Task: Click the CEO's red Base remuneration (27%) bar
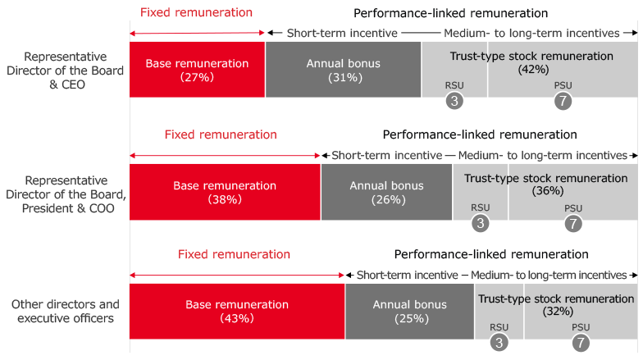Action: tap(197, 70)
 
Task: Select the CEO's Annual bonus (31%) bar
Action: tap(343, 70)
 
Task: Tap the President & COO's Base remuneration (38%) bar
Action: tap(225, 192)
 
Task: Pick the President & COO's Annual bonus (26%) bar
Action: tap(386, 192)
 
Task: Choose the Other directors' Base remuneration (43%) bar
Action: tap(237, 311)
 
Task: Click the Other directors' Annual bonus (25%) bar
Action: tap(409, 311)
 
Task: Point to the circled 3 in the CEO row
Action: tap(454, 102)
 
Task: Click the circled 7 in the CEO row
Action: tap(563, 102)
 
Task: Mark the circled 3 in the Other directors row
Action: tap(499, 344)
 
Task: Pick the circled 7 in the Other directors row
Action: tap(581, 344)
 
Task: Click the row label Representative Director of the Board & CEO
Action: tap(65, 71)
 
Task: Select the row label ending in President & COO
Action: tap(65, 194)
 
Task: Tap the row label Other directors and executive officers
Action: tap(65, 311)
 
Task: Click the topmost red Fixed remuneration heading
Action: tap(196, 13)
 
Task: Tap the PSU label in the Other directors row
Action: tap(581, 327)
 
